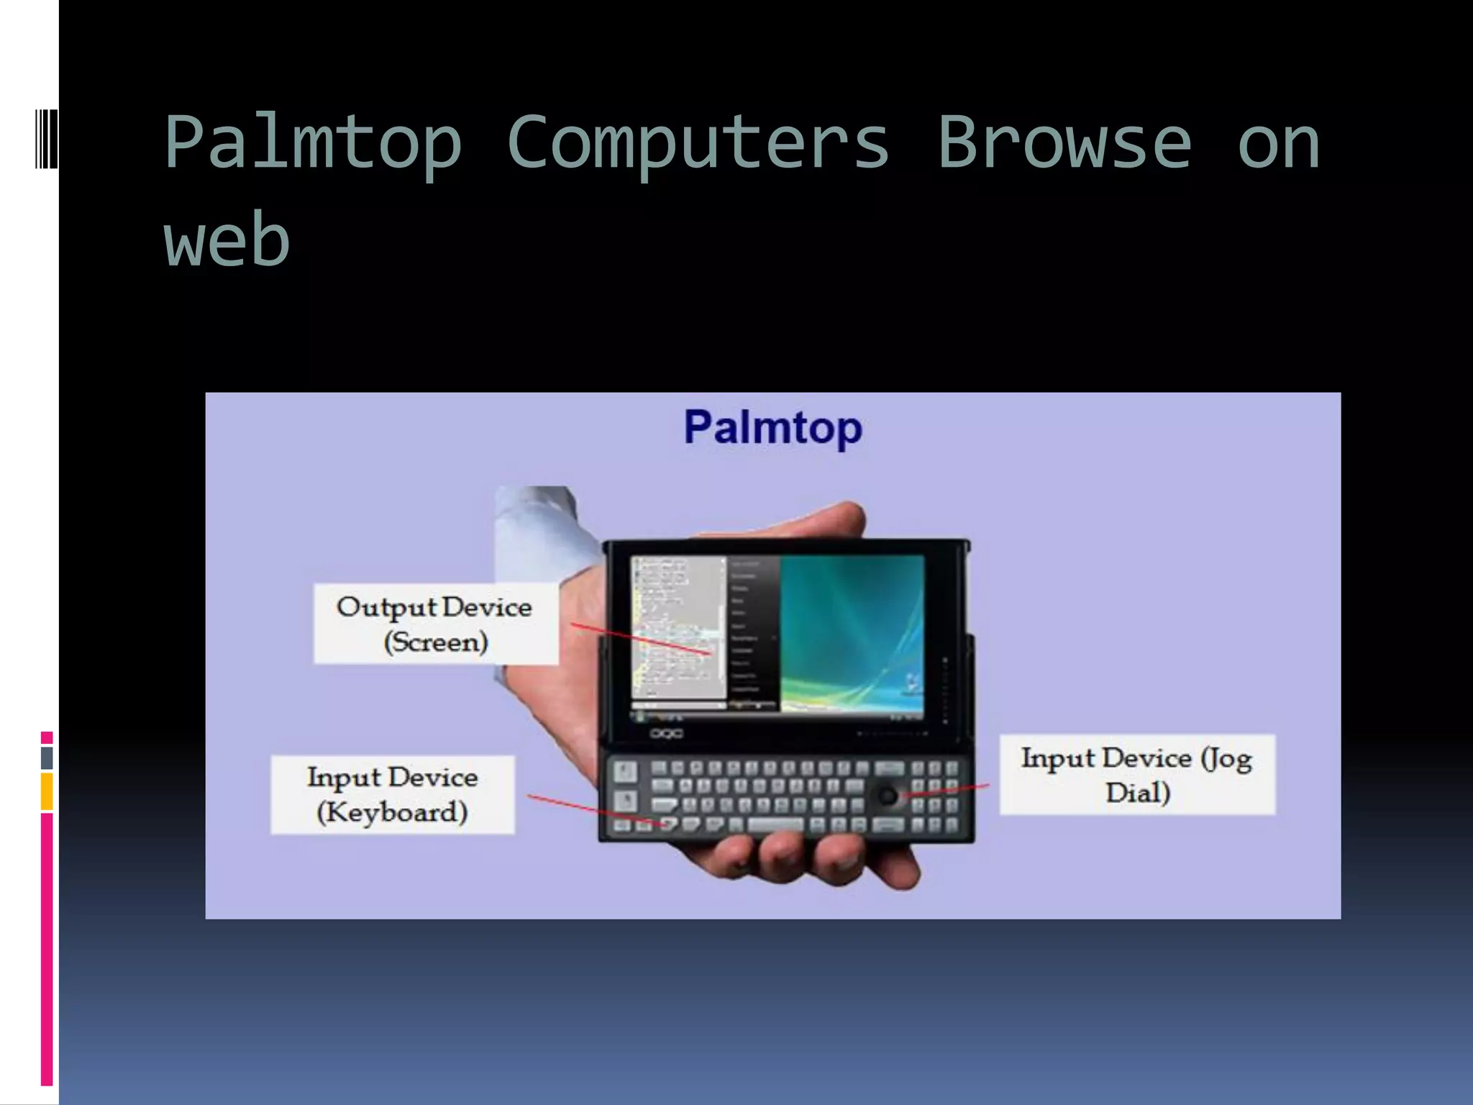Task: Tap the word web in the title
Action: (x=227, y=240)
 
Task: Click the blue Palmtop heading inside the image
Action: (x=772, y=427)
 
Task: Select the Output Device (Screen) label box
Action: (x=435, y=624)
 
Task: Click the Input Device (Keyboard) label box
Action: (x=393, y=795)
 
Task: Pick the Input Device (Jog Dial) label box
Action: (x=1137, y=775)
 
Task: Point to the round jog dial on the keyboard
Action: (x=888, y=796)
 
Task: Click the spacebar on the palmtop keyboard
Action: (x=775, y=824)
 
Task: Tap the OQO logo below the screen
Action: (x=666, y=734)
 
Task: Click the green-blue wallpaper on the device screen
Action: (x=852, y=633)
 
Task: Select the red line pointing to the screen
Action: (x=640, y=640)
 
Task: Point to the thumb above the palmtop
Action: (x=813, y=522)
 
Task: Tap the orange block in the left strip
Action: (x=47, y=791)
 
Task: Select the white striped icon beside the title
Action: (x=47, y=138)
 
